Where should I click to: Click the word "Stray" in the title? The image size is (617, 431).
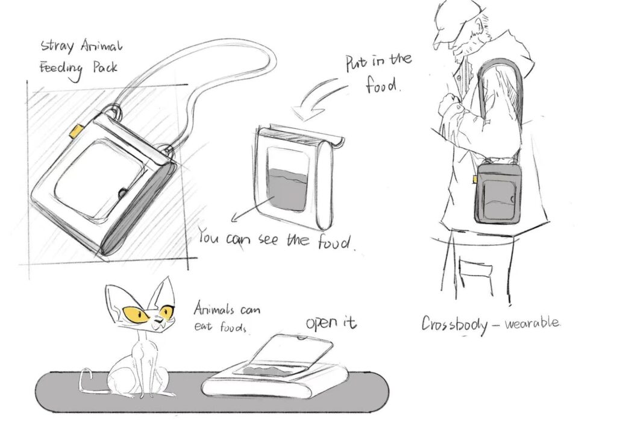[x=57, y=46]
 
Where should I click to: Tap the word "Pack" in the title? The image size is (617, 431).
[x=105, y=68]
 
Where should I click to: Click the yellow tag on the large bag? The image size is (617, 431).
[x=76, y=131]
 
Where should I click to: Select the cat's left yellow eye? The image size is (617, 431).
[x=135, y=313]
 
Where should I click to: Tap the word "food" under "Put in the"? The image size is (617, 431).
[x=381, y=84]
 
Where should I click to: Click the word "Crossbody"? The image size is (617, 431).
[x=454, y=324]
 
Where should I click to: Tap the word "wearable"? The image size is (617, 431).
[x=532, y=323]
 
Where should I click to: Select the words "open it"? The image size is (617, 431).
[x=331, y=322]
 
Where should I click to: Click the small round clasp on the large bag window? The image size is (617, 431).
[x=123, y=193]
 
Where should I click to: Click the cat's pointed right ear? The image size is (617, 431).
[x=163, y=292]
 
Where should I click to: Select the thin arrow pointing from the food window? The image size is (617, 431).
[x=252, y=209]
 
